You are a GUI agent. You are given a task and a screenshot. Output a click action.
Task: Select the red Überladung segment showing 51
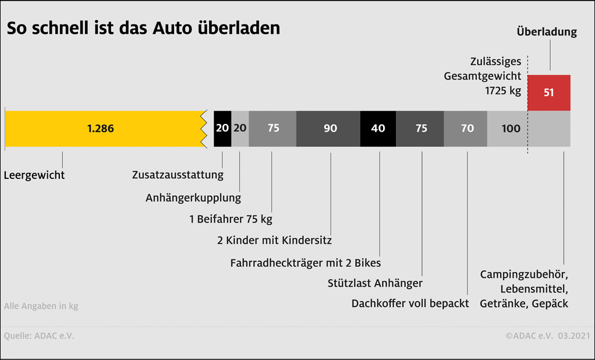[x=548, y=93]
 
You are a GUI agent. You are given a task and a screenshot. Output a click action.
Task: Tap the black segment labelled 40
[x=378, y=129]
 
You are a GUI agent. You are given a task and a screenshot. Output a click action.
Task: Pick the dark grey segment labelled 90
[x=330, y=129]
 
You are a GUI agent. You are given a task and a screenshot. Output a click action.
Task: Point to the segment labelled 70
[x=467, y=129]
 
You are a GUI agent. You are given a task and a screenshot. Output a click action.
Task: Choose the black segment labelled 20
[x=222, y=129]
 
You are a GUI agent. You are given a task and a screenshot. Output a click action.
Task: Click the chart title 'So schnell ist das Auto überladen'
[x=143, y=28]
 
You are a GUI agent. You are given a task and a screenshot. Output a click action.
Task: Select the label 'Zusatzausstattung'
[x=178, y=175]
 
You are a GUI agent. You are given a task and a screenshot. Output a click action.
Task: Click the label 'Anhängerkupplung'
[x=193, y=197]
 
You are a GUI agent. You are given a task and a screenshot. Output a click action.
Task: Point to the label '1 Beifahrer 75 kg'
[x=231, y=219]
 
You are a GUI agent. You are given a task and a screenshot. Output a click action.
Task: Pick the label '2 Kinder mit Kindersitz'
[x=274, y=240]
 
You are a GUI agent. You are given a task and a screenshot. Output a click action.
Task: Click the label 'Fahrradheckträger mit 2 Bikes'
[x=306, y=263]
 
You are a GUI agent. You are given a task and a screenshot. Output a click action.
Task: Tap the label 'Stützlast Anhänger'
[x=375, y=284]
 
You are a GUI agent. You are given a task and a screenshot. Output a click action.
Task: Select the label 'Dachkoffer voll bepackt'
[x=410, y=303]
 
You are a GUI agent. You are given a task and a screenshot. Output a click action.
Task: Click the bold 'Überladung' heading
[x=547, y=32]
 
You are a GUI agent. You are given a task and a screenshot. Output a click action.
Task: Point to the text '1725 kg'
[x=503, y=91]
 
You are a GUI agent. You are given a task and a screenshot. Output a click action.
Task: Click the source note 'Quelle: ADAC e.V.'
[x=39, y=336]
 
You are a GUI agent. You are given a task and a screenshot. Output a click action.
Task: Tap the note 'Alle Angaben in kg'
[x=41, y=306]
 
